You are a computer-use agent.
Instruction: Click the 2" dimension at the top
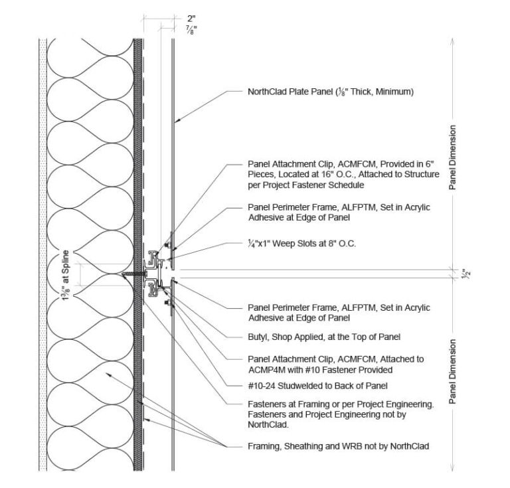[x=172, y=20]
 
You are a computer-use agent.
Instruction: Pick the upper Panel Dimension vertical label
[x=453, y=158]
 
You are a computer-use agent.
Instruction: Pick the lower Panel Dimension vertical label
[x=453, y=372]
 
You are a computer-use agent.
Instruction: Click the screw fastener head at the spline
[x=127, y=274]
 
